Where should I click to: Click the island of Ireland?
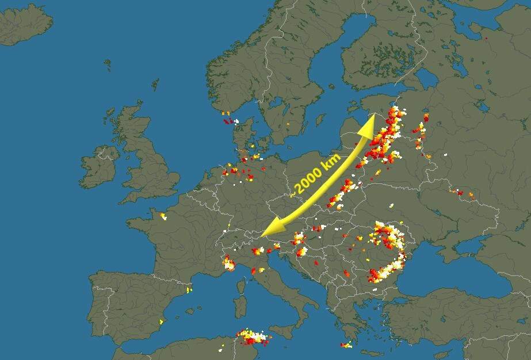(x=99, y=167)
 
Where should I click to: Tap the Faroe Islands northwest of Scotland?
(x=107, y=64)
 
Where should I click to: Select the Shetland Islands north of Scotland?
(x=155, y=85)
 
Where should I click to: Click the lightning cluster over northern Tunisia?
(x=253, y=337)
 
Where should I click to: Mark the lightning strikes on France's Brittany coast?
(x=163, y=216)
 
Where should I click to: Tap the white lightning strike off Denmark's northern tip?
(x=236, y=121)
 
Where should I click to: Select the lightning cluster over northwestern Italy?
(x=229, y=263)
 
